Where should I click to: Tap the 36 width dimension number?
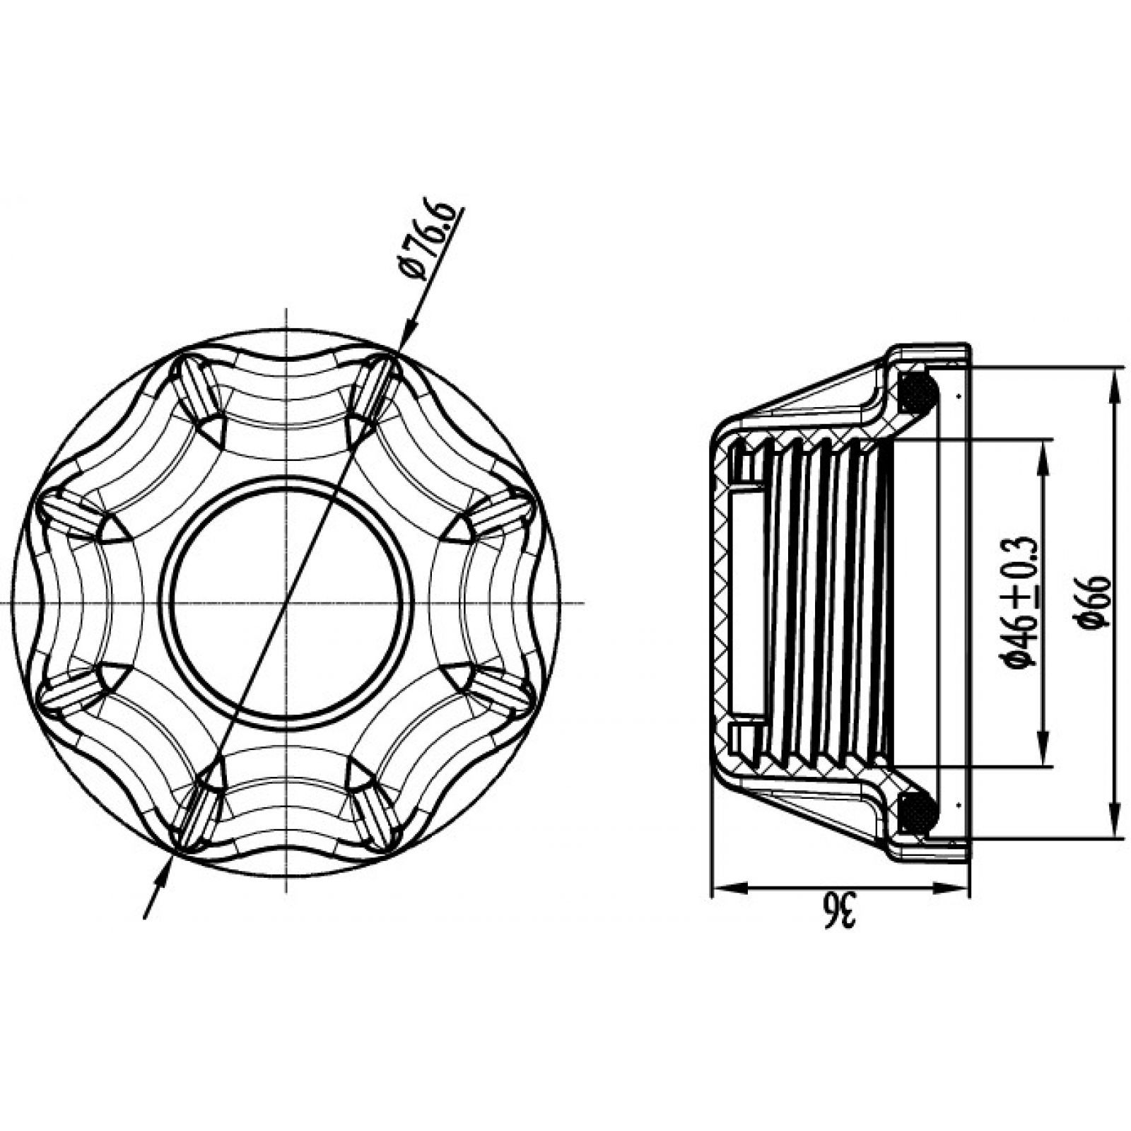[840, 911]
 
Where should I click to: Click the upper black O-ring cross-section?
[918, 392]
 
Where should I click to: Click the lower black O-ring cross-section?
[918, 811]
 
